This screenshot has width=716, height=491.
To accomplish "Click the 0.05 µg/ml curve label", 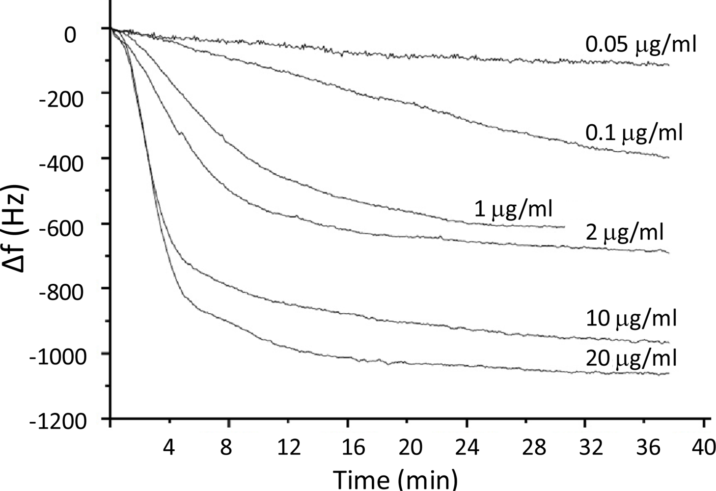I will pos(640,45).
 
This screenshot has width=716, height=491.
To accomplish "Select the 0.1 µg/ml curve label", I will pos(633,133).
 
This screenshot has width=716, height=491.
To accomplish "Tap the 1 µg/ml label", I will pos(513,210).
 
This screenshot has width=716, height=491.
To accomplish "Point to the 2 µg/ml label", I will pos(624,233).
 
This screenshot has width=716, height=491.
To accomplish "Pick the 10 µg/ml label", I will pos(631,319).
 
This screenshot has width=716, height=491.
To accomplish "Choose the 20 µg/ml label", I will pos(631,358).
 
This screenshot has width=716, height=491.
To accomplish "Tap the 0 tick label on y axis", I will pos(70,34).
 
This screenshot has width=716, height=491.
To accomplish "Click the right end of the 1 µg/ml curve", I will pos(564,227).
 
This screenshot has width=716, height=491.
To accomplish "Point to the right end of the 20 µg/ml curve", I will pos(669,374).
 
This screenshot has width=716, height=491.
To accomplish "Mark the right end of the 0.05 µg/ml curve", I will pos(669,65).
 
